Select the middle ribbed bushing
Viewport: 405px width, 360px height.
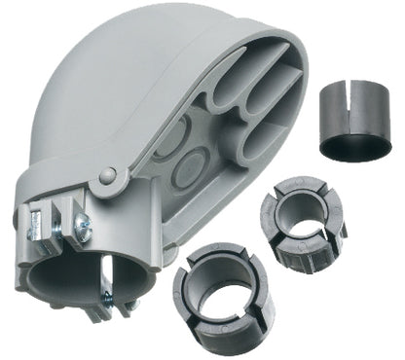point(303,224)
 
